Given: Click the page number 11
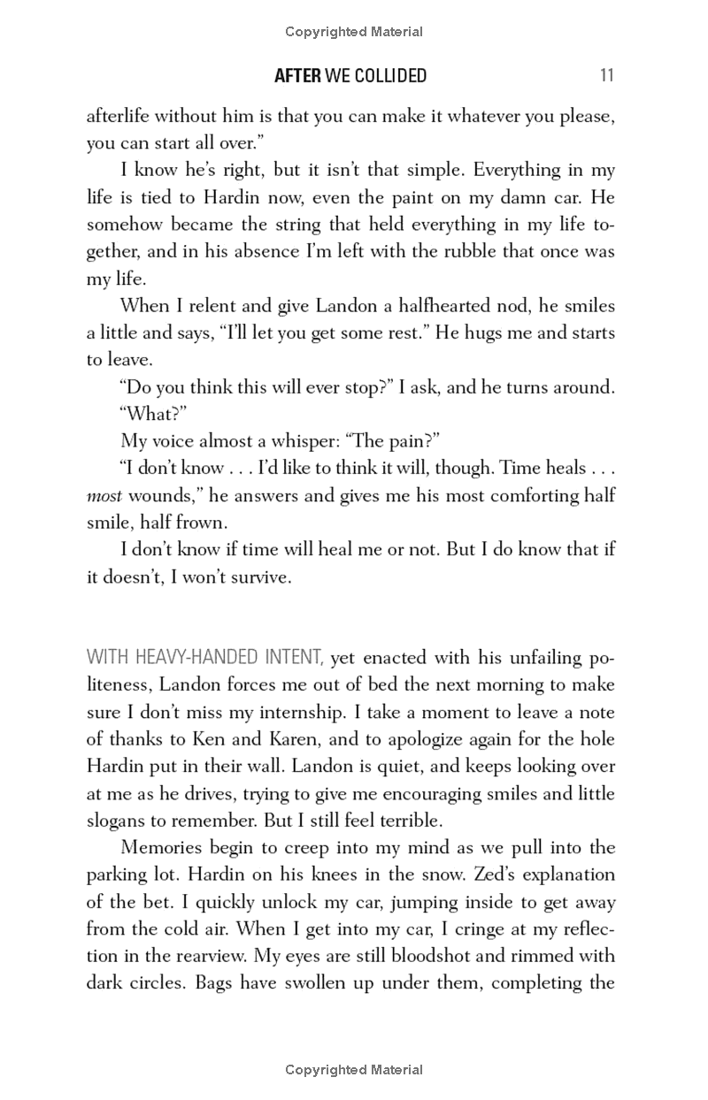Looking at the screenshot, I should coord(606,76).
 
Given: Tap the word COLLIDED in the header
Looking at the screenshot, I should coord(390,76).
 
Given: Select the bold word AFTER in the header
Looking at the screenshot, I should coord(297,76).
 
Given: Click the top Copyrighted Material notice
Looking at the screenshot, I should coord(354,32).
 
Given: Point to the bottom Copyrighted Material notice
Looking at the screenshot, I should coord(354,1070).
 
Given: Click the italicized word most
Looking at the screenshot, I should coord(104,496).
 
